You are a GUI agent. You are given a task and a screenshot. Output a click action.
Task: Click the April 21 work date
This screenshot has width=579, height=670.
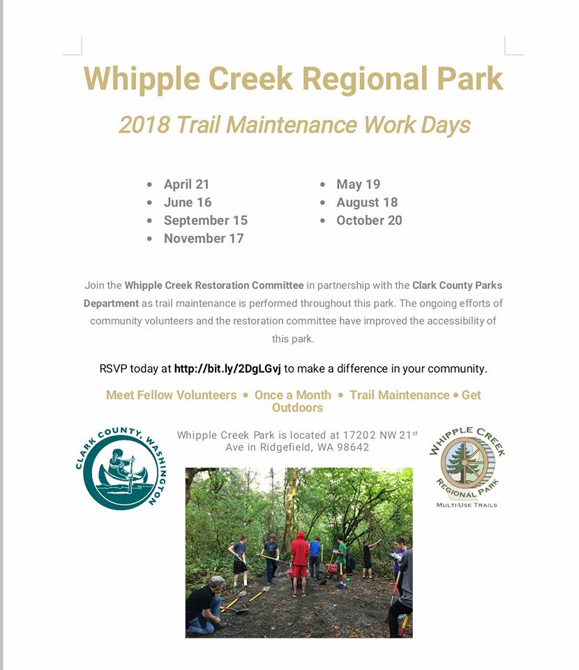[x=186, y=184]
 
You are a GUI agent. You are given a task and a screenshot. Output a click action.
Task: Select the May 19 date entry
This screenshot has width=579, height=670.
[x=359, y=184]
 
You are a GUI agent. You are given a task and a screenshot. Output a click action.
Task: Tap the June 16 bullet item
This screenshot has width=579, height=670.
[x=188, y=202]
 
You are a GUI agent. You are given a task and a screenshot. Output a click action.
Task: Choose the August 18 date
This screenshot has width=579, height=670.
[x=367, y=202]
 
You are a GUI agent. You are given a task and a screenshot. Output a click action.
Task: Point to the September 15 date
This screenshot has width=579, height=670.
[x=206, y=221]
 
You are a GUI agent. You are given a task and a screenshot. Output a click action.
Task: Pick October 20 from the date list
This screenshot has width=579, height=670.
[x=369, y=220]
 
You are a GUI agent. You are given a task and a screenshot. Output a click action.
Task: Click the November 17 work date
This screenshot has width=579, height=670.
[x=204, y=238]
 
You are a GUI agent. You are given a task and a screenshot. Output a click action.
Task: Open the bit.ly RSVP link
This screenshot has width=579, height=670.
[x=227, y=368]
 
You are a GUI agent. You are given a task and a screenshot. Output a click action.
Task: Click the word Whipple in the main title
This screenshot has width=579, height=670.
[x=142, y=80]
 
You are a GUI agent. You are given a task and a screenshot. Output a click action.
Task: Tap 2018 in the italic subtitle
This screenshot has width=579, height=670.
[x=144, y=125]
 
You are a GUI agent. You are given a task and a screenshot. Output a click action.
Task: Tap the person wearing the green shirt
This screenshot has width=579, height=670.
[x=340, y=561]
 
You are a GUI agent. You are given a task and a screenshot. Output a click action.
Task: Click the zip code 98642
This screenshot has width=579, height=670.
[x=353, y=447]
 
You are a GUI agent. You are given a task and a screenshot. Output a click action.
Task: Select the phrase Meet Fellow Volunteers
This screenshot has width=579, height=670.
[x=171, y=395]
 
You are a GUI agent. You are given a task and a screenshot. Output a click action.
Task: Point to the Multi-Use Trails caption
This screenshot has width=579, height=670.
[x=467, y=505]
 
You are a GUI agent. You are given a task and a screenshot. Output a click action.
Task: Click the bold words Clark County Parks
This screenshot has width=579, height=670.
[x=457, y=285]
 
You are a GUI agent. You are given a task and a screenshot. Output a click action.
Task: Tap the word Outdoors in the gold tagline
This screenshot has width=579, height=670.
[x=298, y=408]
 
